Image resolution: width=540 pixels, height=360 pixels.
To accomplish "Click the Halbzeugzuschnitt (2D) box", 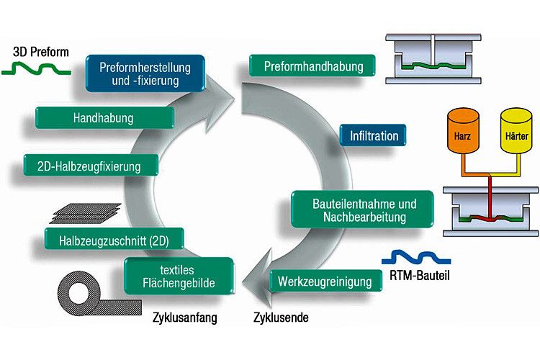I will click(114, 238).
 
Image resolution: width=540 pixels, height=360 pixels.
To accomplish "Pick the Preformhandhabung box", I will click(315, 66).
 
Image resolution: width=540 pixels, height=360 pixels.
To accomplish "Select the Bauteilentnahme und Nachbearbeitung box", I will click(364, 210).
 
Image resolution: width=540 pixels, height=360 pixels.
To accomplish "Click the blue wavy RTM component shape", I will click(415, 256).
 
